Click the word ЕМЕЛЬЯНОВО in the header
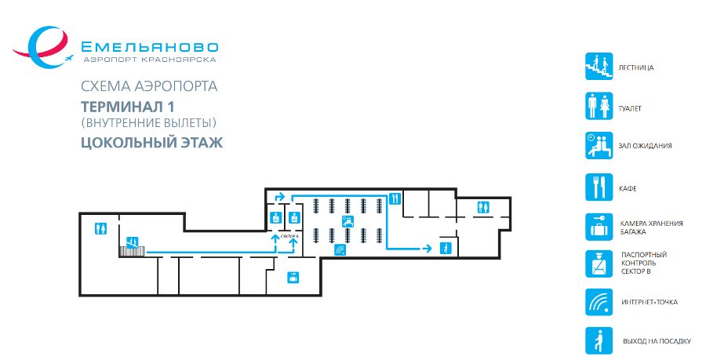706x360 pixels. point(150,46)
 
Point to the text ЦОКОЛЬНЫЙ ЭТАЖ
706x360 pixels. point(152,143)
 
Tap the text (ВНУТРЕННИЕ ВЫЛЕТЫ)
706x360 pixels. point(148,123)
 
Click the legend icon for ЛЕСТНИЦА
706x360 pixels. point(598,67)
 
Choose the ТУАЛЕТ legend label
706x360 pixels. point(631,107)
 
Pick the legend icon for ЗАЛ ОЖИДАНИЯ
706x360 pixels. point(598,146)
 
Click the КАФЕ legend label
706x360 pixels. point(627,189)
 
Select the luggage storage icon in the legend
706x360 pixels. point(598,227)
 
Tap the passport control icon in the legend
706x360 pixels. point(598,264)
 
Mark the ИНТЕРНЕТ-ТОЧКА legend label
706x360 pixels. point(648,302)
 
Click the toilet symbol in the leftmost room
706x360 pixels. point(100,228)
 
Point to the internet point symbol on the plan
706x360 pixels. point(340,250)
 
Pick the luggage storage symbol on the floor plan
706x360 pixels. point(293,276)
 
